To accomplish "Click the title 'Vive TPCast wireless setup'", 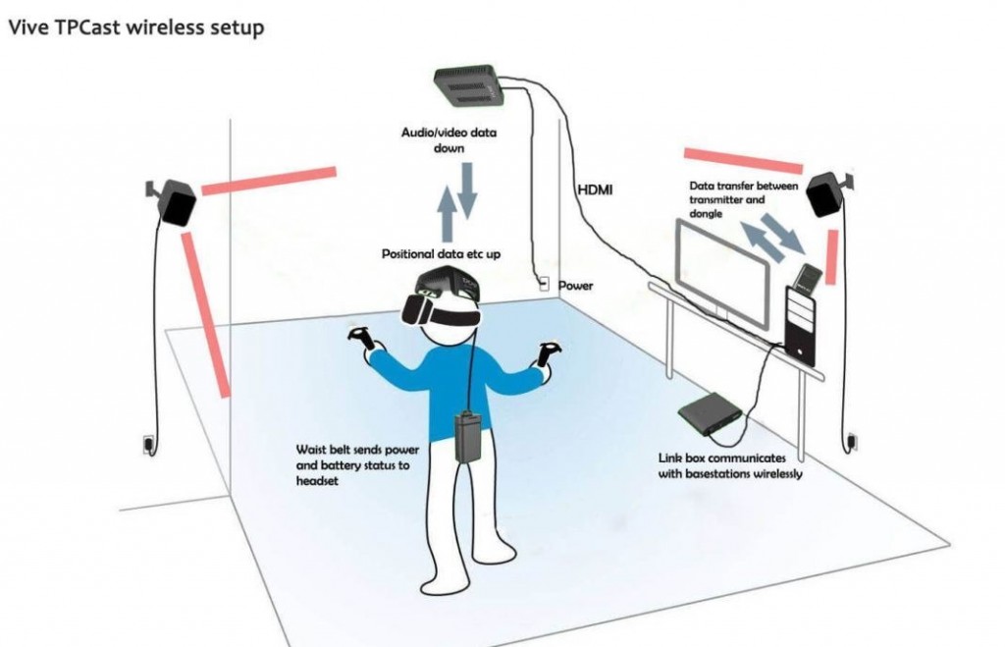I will pos(135,27).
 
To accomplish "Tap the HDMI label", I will pos(594,189).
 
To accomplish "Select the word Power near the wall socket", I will pos(576,286).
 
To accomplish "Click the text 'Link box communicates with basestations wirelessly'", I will pos(731,465).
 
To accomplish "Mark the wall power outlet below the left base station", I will pos(148,444).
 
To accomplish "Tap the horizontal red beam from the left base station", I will pos(268,180).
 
